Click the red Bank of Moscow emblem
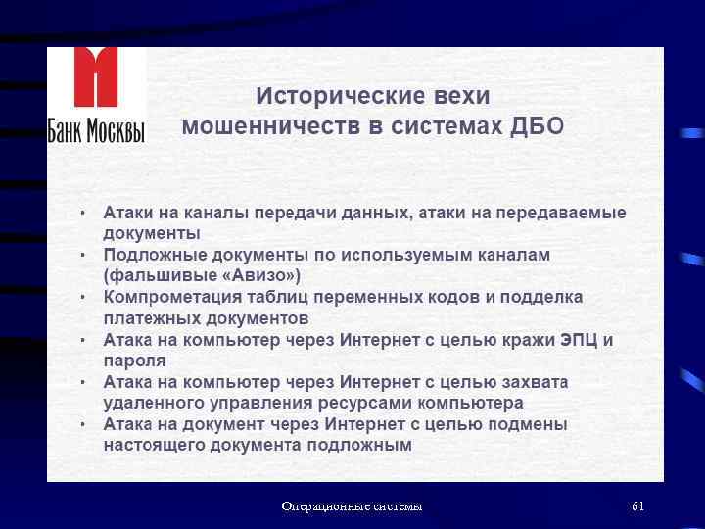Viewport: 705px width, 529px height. (96, 79)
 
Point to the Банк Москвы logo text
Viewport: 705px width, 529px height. (96, 128)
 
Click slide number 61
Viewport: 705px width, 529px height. (637, 506)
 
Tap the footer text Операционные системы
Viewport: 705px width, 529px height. (352, 506)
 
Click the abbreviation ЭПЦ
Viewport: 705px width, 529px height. (579, 340)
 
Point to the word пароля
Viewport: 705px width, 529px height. (134, 361)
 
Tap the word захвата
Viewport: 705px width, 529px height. (534, 382)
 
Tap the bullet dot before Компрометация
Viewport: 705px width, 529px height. (83, 297)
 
